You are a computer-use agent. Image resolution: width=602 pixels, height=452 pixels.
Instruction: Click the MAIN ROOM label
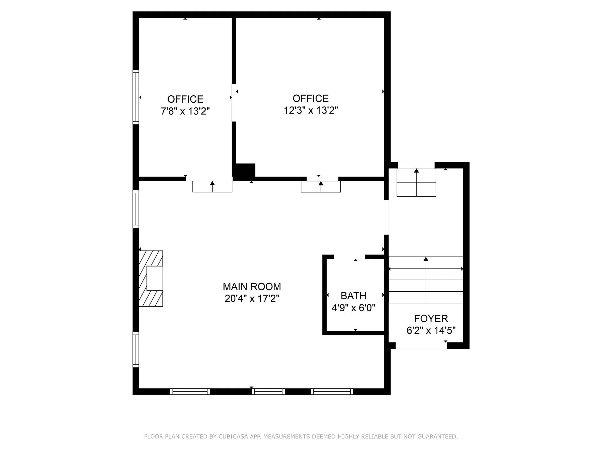[252, 286]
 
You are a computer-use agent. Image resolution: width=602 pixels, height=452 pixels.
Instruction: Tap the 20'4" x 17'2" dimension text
[252, 298]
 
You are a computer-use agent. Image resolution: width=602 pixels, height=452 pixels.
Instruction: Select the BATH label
[353, 295]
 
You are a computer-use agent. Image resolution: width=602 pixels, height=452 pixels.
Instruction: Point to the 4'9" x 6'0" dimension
[353, 308]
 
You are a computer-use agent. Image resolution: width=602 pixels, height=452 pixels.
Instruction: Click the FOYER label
[431, 318]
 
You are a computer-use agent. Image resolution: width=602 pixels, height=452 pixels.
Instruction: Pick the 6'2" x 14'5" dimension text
[431, 330]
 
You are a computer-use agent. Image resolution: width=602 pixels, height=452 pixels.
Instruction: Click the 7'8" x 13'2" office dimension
[185, 111]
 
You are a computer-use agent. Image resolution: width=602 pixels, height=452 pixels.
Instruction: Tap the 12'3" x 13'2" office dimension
[311, 110]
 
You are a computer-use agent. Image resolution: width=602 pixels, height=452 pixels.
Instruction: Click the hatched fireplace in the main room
[151, 279]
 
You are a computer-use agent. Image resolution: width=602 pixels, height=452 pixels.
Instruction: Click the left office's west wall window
[136, 97]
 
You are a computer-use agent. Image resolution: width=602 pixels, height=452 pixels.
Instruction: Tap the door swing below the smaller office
[212, 187]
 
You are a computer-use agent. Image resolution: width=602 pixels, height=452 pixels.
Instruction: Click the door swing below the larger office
[321, 187]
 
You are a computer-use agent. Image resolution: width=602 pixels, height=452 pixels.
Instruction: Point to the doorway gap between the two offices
[234, 103]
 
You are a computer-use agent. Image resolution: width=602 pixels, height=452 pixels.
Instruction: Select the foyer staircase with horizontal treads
[426, 280]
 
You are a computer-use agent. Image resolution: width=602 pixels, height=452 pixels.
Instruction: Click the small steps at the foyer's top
[416, 182]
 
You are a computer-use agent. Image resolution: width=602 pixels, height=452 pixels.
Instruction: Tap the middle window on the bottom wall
[268, 391]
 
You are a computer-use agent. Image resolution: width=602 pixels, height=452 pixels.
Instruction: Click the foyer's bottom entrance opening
[421, 346]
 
